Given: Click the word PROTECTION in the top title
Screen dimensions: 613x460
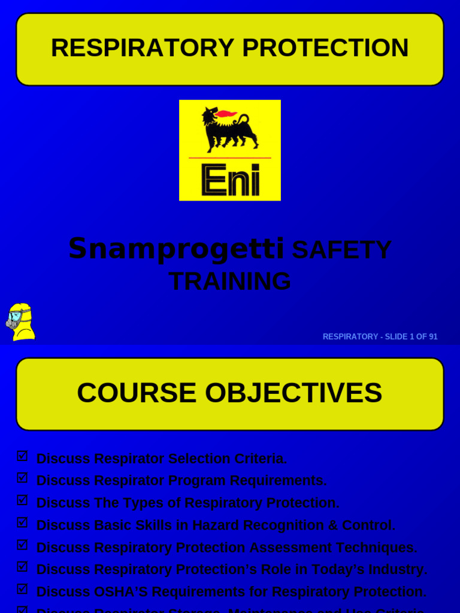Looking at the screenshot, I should tap(325, 48).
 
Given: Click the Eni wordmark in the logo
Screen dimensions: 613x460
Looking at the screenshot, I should tap(231, 180).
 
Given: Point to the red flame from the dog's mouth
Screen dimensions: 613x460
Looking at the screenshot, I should tap(226, 114).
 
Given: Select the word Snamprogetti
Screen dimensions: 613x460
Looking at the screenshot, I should tap(176, 248).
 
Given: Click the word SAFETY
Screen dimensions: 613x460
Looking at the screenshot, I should tap(341, 250).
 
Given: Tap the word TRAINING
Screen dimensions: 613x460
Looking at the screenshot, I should tap(230, 281).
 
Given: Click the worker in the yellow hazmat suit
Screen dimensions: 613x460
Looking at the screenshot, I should tap(20, 322).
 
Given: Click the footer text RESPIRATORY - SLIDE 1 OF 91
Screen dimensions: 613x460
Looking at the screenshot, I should tap(380, 336).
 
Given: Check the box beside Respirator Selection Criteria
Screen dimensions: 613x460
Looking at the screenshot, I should tap(22, 456).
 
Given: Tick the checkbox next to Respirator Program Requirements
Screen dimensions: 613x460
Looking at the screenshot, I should tap(22, 478).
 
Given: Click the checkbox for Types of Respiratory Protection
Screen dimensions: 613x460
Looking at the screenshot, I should tap(22, 500).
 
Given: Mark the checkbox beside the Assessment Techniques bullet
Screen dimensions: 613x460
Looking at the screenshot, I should tap(22, 545).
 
